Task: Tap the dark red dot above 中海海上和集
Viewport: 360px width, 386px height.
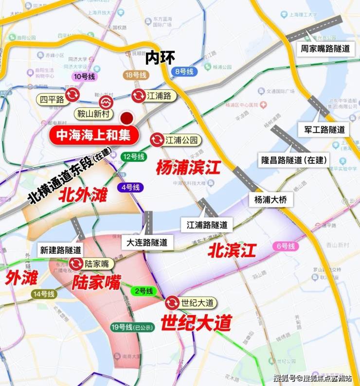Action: [127, 117]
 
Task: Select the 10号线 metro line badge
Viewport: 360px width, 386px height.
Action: [85, 76]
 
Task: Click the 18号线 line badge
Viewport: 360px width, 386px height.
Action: [135, 75]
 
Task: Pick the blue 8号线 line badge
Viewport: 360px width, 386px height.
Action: [183, 71]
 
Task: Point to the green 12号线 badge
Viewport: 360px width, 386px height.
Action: [134, 157]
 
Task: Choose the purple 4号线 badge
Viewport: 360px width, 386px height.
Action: [130, 187]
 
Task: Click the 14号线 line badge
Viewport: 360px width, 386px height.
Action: [44, 294]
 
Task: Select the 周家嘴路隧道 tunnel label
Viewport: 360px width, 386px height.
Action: [325, 49]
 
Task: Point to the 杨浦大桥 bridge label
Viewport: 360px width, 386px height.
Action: [270, 199]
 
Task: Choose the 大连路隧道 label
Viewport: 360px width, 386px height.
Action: [146, 242]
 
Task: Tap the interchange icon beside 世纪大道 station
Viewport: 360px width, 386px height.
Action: [172, 303]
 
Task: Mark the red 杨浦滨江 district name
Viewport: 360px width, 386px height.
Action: [188, 168]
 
